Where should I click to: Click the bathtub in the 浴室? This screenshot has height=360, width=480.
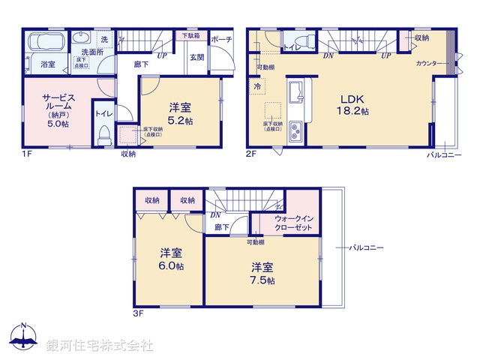[x=46, y=43]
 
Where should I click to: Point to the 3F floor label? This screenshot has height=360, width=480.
[x=139, y=313]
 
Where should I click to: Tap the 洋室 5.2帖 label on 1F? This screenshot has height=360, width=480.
[x=180, y=112]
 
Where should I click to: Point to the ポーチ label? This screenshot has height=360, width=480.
[x=221, y=39]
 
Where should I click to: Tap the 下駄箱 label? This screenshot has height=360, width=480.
[x=191, y=35]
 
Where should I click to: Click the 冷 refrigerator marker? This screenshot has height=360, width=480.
[x=256, y=86]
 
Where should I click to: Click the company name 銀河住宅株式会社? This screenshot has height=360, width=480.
[x=100, y=346]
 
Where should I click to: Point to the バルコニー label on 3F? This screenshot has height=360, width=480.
[x=367, y=247]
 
